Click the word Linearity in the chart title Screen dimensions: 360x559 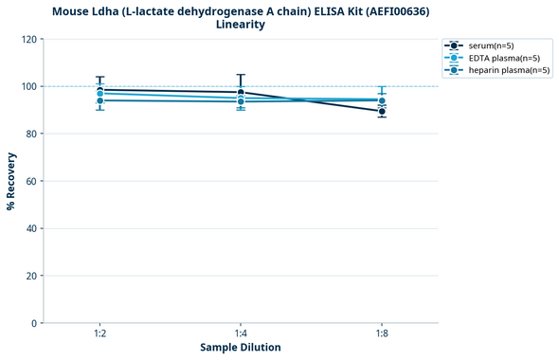pyautogui.click(x=241, y=25)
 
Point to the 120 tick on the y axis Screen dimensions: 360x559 pyautogui.click(x=30, y=39)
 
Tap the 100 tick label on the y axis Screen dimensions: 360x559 pyautogui.click(x=30, y=86)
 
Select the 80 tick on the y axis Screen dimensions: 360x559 pyautogui.click(x=33, y=134)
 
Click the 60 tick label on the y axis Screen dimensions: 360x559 pyautogui.click(x=33, y=181)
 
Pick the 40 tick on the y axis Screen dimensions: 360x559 pyautogui.click(x=33, y=228)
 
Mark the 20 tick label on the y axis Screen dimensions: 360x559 pyautogui.click(x=33, y=276)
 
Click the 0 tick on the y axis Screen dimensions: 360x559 pyautogui.click(x=36, y=323)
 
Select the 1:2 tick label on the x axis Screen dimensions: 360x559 pyautogui.click(x=99, y=334)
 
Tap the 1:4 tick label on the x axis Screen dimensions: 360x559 pyautogui.click(x=241, y=334)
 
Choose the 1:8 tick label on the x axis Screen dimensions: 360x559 pyautogui.click(x=382, y=334)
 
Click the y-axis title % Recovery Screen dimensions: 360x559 pyautogui.click(x=11, y=181)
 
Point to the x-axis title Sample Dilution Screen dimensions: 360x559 pyautogui.click(x=241, y=348)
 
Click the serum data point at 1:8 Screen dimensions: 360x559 pyautogui.click(x=382, y=112)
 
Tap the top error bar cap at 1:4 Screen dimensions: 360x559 pyautogui.click(x=241, y=75)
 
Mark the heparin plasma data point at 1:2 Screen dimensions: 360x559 pyautogui.click(x=99, y=100)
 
